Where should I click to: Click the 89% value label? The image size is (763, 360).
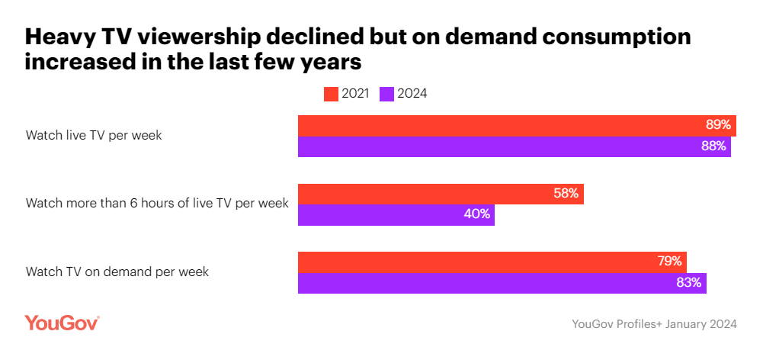tap(719, 125)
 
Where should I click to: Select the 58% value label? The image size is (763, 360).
tap(567, 194)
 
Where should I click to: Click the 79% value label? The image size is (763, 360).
tap(669, 262)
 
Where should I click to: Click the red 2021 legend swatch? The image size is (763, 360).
tap(331, 94)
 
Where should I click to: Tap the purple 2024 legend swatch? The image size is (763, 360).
tap(386, 94)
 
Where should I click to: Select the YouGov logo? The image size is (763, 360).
tap(62, 323)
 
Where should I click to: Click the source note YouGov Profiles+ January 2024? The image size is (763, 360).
tap(654, 324)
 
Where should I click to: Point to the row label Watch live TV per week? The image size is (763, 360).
tap(94, 136)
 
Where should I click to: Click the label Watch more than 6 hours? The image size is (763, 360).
tap(157, 204)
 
